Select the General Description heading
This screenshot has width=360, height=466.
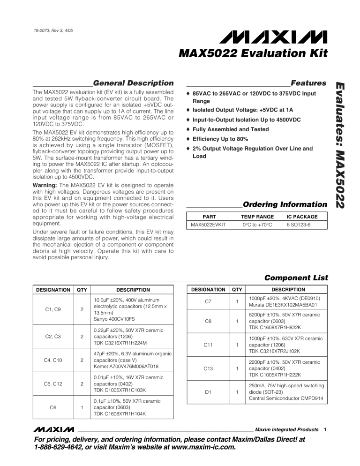pos(130,83)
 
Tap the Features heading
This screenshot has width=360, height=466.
pos(308,83)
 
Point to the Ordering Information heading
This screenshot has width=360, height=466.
pos(285,204)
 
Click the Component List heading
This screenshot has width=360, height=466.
pos(295,278)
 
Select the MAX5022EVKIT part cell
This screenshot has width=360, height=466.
pos(208,225)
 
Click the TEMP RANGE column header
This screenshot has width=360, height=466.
pos(257,217)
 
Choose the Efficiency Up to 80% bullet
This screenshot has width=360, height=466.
pos(220,139)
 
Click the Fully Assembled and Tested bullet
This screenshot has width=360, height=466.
pos(231,129)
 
